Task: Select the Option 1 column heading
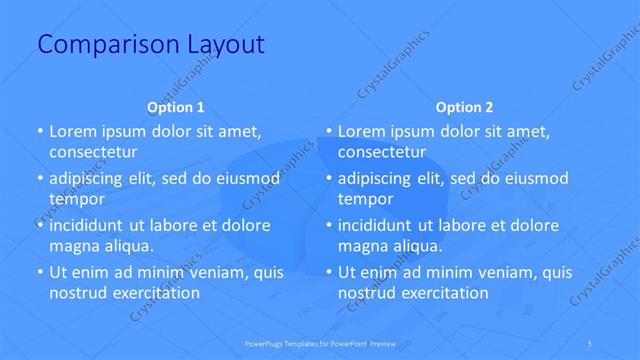176,107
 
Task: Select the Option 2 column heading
465,107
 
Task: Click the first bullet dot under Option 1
39,132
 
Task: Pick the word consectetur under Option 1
93,152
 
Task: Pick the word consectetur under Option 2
382,152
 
